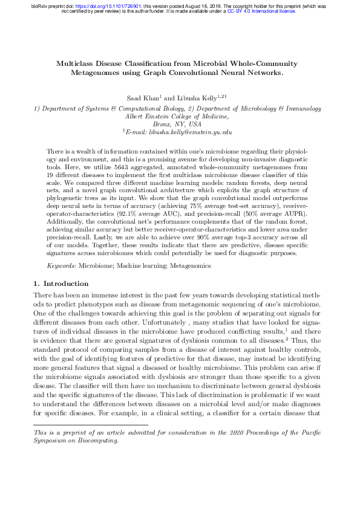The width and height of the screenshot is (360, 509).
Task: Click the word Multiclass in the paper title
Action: point(76,63)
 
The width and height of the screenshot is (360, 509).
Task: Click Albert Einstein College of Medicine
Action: point(176,116)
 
